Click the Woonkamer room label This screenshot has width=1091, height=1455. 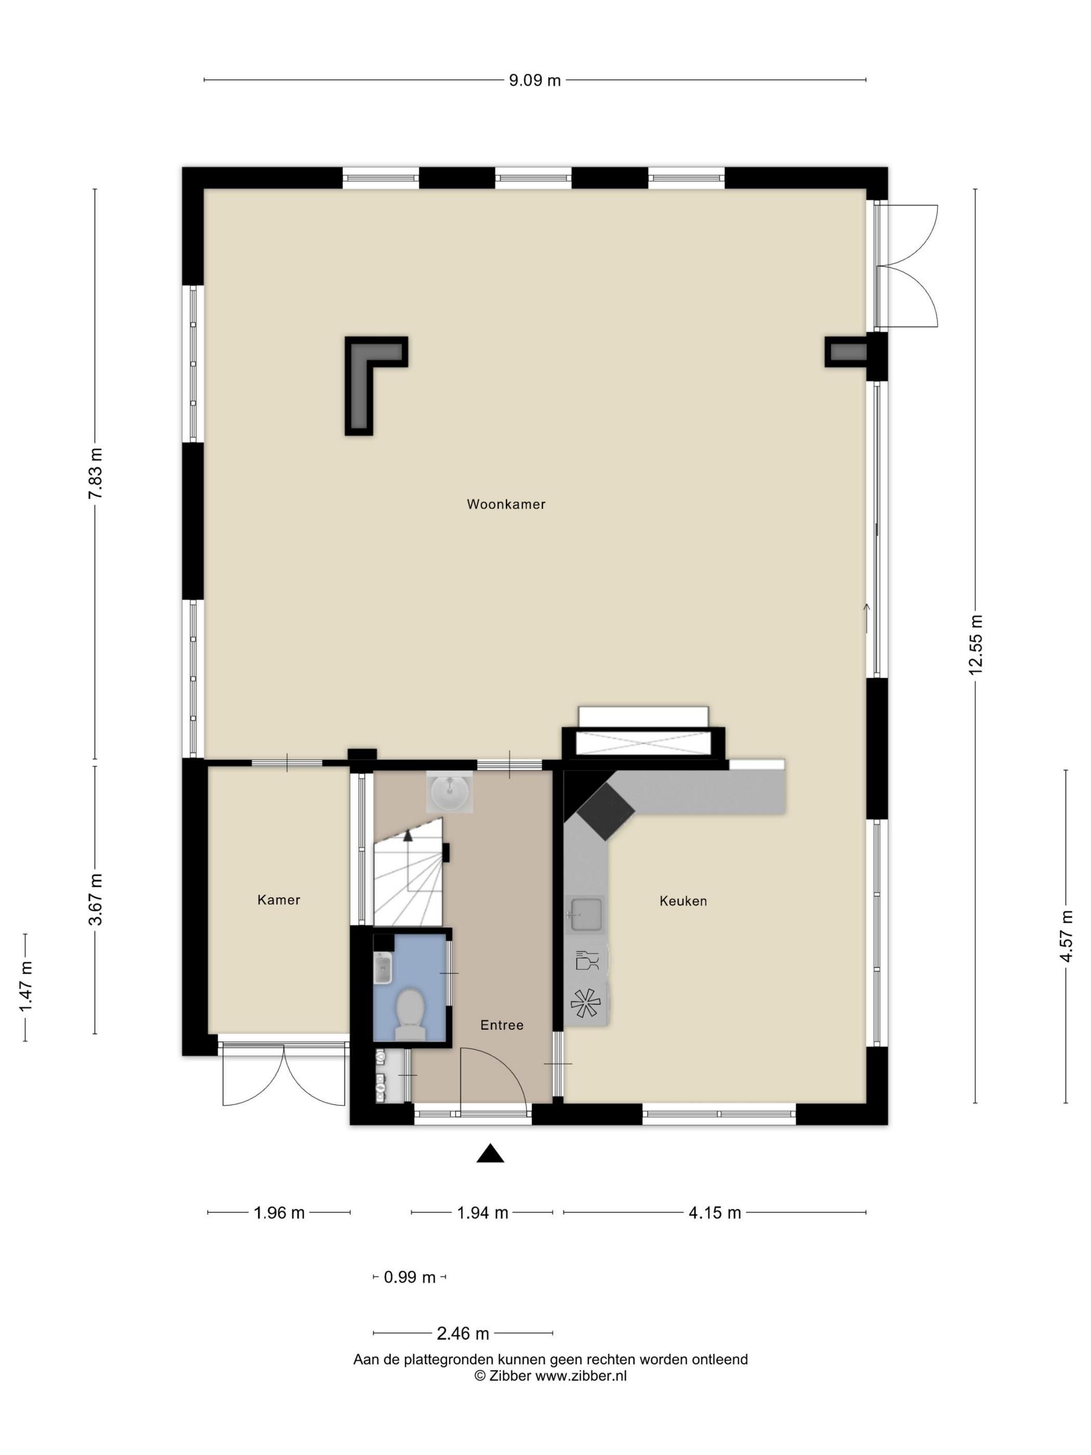pos(505,504)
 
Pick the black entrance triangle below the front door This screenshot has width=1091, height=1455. pos(490,1153)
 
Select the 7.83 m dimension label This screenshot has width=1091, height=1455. pos(96,473)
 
